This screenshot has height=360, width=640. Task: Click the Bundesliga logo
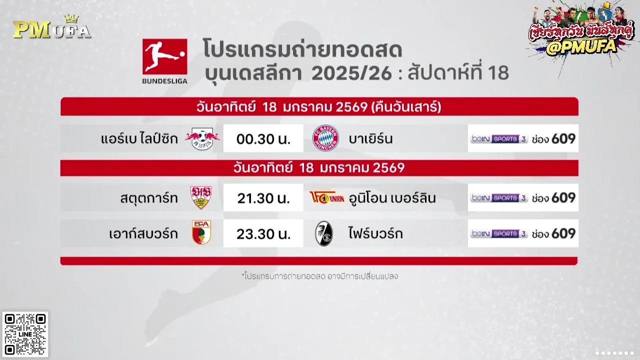pos(165,61)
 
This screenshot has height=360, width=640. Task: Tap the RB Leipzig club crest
pos(202,138)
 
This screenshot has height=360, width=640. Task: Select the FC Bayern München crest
pos(325,138)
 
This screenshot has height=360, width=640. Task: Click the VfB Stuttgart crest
pos(201,197)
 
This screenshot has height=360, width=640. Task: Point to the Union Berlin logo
pos(327,197)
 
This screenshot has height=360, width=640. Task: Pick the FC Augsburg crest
pos(201,232)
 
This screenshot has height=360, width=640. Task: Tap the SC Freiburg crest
pos(324,233)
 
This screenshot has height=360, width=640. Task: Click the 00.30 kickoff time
pos(263,139)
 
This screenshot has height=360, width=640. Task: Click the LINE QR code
pos(25,334)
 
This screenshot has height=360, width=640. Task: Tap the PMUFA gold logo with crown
pos(52,27)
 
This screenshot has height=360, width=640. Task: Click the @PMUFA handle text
pos(581,47)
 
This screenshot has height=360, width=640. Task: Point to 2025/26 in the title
pos(351,73)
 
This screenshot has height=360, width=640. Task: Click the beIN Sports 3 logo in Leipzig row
pos(499,139)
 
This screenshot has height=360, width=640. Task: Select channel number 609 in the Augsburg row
pos(563,233)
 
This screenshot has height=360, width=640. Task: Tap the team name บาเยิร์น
pos(371,139)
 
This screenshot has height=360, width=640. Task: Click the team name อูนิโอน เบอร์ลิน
pos(392,197)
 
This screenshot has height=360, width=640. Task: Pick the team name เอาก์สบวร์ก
pos(143,233)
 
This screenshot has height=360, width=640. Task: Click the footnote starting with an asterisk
pos(319,276)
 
